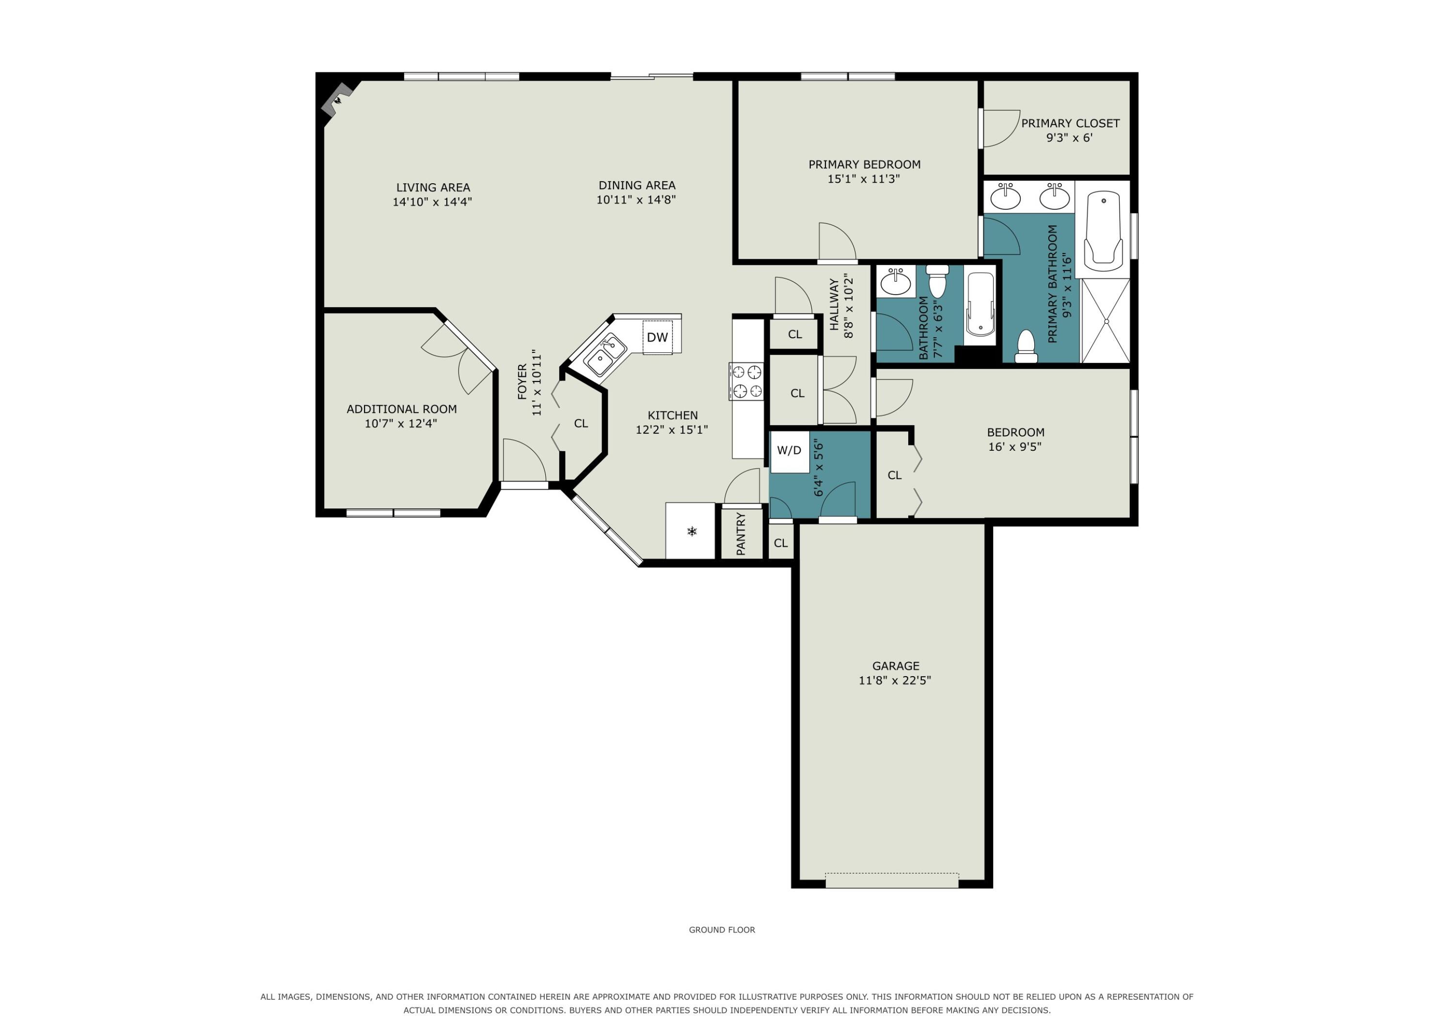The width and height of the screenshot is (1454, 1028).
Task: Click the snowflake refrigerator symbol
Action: [692, 531]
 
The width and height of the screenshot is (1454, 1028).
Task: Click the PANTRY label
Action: [741, 534]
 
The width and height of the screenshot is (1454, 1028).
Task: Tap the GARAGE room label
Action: [896, 665]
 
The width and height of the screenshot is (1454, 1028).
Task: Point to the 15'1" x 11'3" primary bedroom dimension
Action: [864, 179]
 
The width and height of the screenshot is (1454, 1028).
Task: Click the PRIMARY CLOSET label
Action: [1070, 124]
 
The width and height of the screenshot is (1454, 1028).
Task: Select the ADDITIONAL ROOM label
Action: [401, 409]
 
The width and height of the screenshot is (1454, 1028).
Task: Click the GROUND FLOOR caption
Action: [722, 930]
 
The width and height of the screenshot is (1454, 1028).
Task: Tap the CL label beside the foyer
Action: [581, 424]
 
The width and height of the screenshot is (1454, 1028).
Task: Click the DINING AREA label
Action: [637, 186]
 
